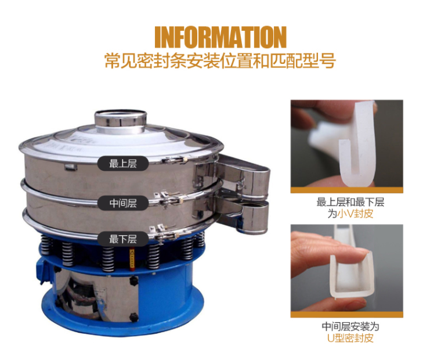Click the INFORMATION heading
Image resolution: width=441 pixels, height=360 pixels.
coord(220,37)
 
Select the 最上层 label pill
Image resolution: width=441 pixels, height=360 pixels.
coord(123,163)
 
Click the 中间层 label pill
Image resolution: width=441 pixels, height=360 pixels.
coord(123,203)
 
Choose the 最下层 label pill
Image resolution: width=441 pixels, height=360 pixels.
coord(123,239)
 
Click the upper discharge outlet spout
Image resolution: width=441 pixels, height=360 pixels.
coord(243,176)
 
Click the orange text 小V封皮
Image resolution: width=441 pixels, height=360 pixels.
coord(355,214)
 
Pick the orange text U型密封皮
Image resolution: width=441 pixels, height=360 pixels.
coord(350,338)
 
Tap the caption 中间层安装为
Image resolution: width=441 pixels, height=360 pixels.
coord(350,326)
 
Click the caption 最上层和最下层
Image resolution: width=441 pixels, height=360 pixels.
coord(350,202)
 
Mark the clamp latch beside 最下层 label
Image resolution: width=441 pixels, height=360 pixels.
coord(167,233)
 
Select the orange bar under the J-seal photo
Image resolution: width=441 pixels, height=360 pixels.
coord(347,190)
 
